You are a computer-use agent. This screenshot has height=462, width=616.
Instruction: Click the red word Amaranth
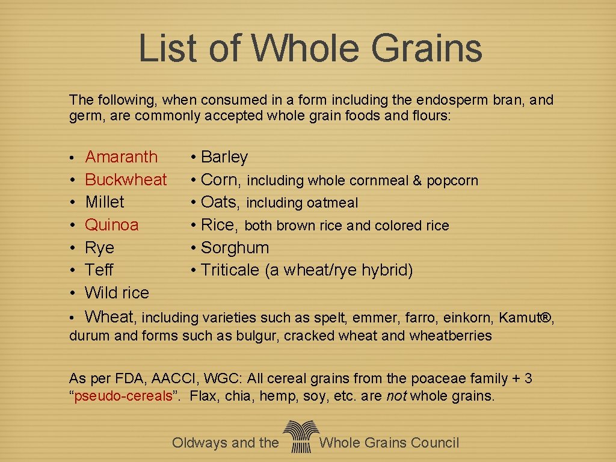point(121,157)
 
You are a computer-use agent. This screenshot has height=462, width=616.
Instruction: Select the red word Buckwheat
point(126,179)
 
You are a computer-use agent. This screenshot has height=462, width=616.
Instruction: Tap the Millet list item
point(105,202)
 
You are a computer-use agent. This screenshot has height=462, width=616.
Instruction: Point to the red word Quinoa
point(112,225)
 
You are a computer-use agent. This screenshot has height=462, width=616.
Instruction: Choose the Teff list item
point(99,270)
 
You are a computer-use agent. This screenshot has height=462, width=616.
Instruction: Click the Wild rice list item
point(117,293)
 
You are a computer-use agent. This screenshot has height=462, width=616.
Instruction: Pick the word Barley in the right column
point(224,157)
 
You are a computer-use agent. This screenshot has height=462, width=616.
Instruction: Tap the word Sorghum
point(235,248)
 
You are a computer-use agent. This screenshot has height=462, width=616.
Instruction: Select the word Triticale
point(230,270)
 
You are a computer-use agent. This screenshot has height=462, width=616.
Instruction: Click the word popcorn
point(452,180)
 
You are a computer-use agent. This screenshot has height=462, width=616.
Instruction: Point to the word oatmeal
point(332,203)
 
